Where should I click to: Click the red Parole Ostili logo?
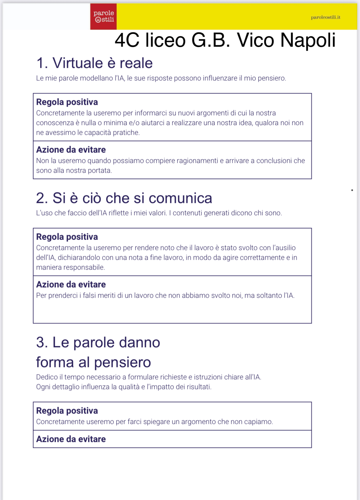click(x=104, y=17)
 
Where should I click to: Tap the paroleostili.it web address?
click(x=325, y=17)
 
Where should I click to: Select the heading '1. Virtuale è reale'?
click(x=94, y=63)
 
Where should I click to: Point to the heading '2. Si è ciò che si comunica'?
click(x=124, y=198)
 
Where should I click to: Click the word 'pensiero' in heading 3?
click(x=122, y=362)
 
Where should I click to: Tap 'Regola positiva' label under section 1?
click(x=67, y=102)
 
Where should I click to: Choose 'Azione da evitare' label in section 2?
click(x=71, y=285)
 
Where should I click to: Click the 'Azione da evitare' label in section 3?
click(x=71, y=439)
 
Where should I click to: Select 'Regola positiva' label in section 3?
click(x=67, y=411)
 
